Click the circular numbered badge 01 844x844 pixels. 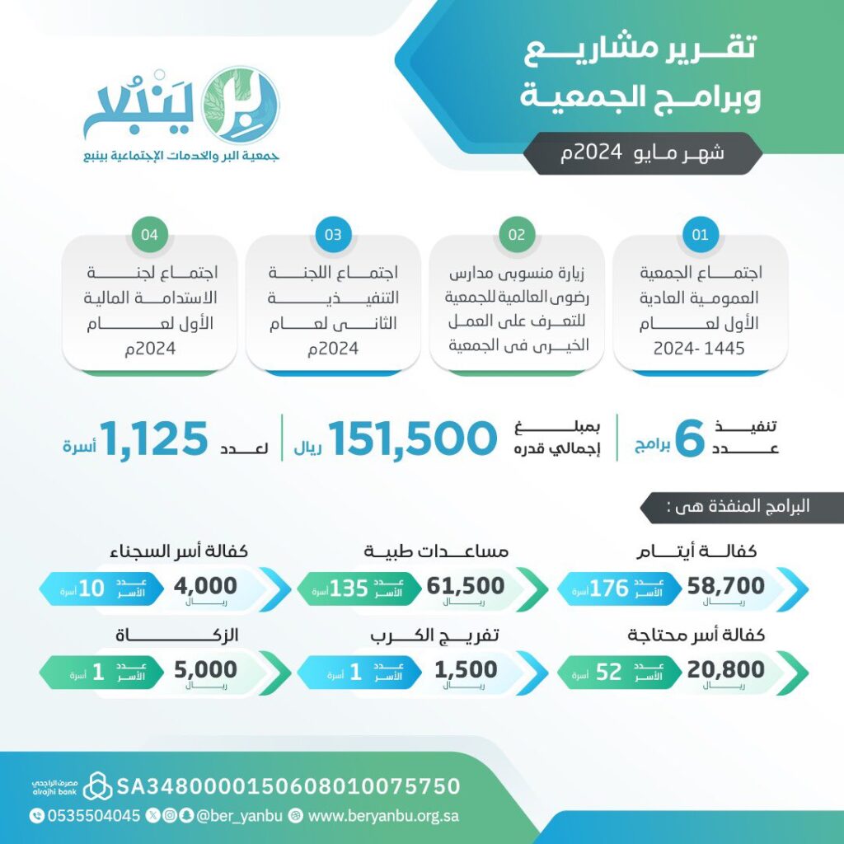(x=701, y=235)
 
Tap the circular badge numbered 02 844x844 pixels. (x=517, y=235)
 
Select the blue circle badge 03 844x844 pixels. (x=333, y=235)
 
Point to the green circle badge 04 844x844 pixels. (x=149, y=235)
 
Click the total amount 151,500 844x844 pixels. (x=413, y=439)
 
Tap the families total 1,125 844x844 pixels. (x=154, y=439)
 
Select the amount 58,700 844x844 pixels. (x=726, y=586)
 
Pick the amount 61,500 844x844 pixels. (x=466, y=586)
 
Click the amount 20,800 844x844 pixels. (x=726, y=669)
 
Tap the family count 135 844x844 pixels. (x=349, y=588)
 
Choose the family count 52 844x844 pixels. (x=608, y=672)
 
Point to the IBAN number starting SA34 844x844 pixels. (x=288, y=785)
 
